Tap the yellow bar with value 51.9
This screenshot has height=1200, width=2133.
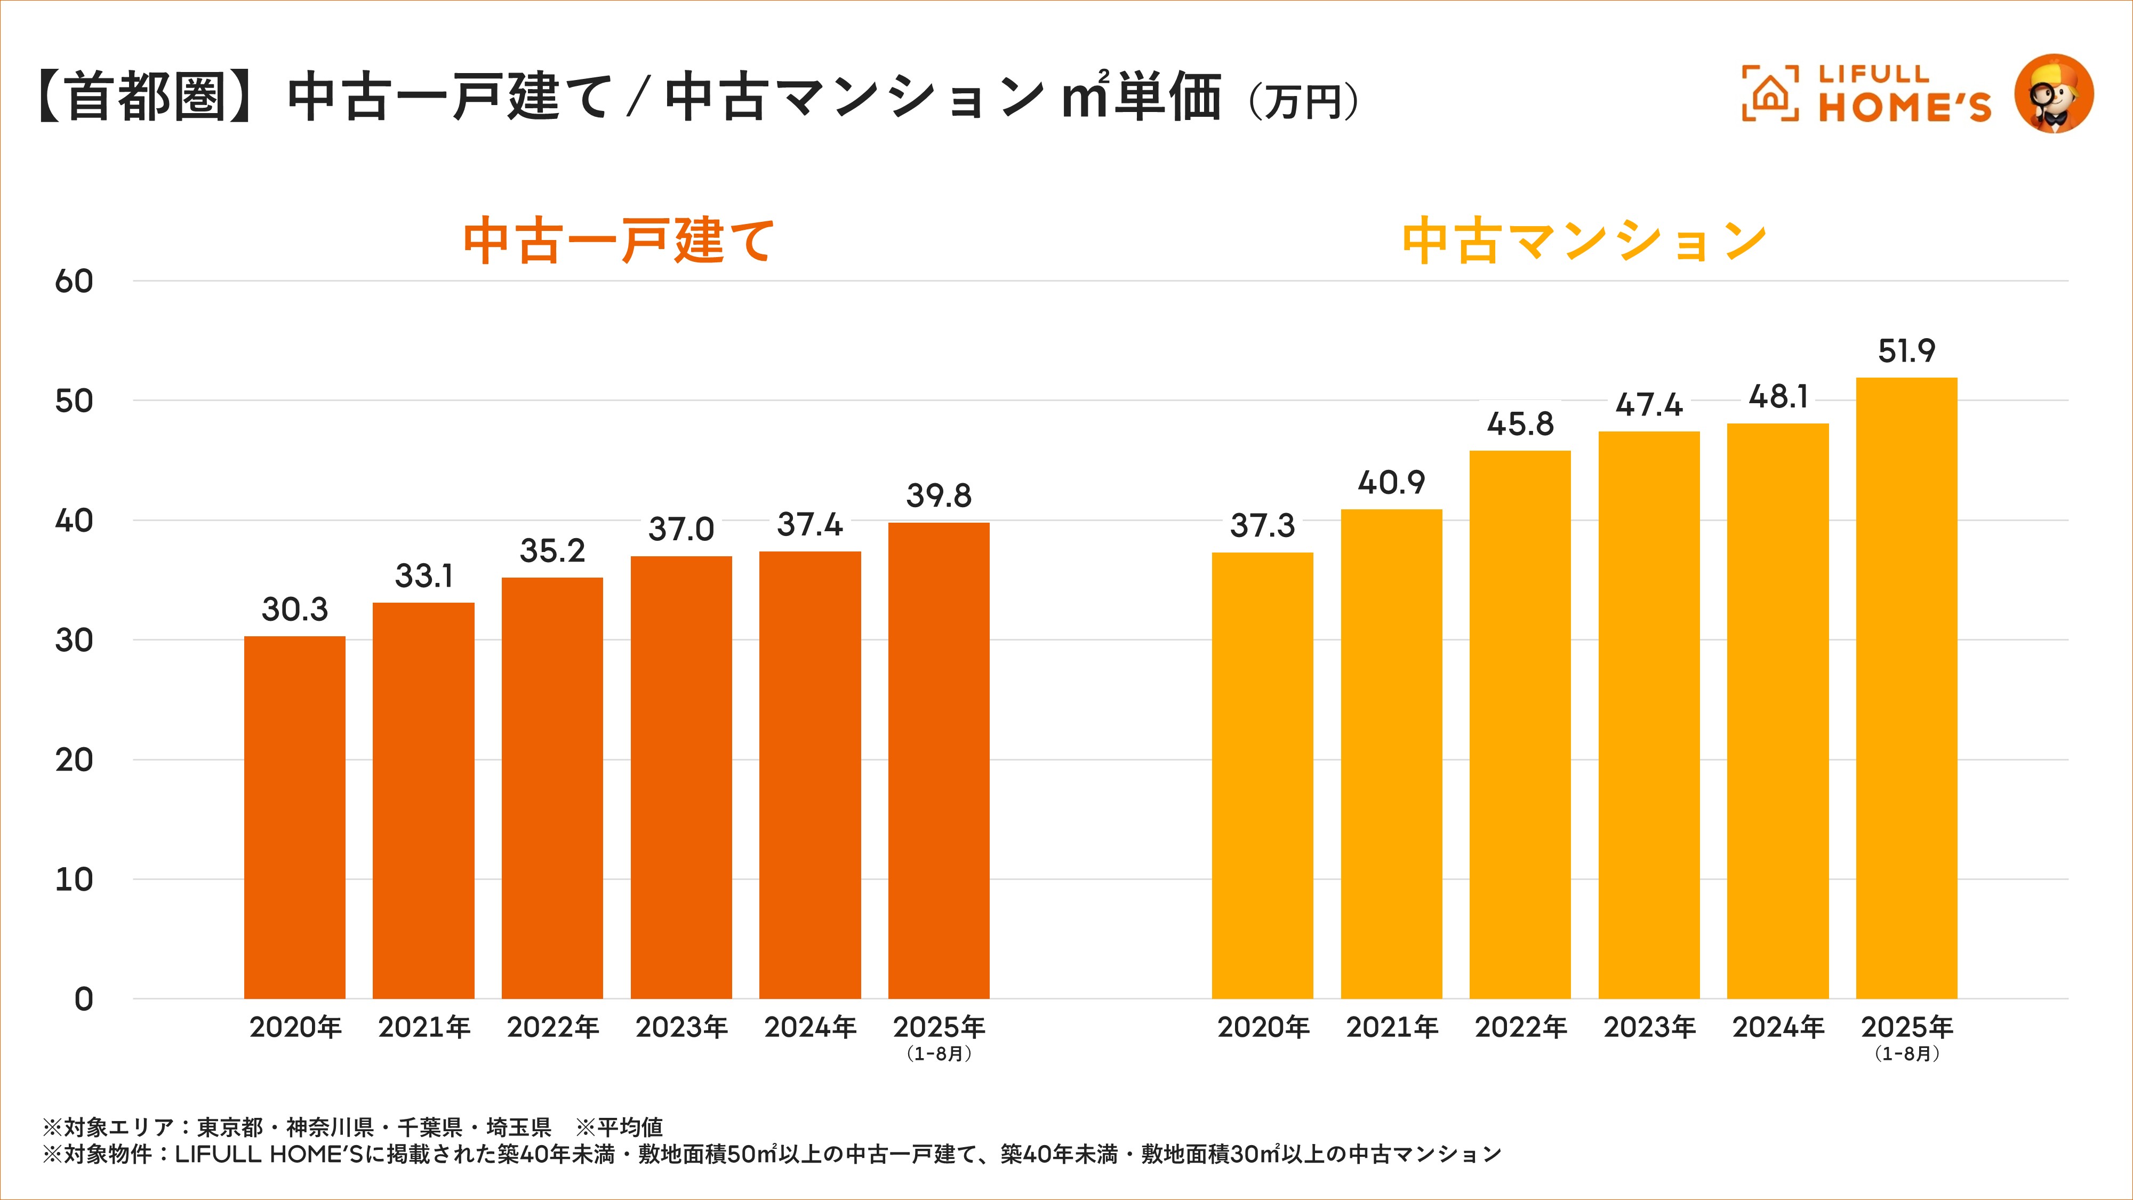point(1906,687)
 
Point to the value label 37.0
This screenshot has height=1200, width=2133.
point(680,529)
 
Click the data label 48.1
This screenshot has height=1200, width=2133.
point(1778,397)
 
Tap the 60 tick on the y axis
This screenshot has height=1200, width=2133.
point(74,282)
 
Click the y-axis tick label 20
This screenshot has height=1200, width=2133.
point(74,760)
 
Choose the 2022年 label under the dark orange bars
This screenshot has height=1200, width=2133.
point(552,1028)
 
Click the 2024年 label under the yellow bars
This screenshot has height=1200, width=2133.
point(1778,1028)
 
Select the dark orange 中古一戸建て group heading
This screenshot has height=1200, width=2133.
point(619,241)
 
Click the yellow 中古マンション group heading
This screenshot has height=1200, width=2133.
point(1584,241)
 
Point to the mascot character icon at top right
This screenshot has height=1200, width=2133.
point(2054,93)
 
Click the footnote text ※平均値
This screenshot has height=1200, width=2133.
point(619,1127)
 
